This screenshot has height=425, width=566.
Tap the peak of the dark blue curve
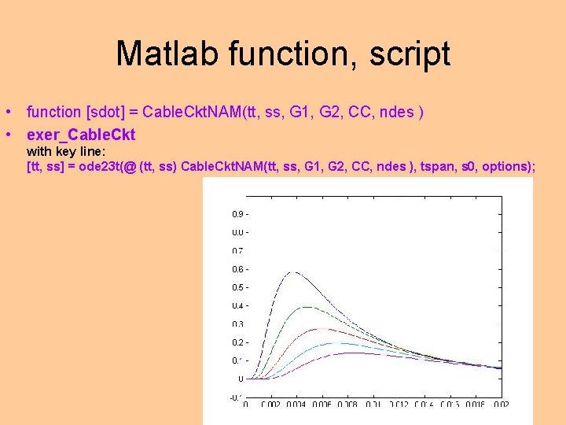293,272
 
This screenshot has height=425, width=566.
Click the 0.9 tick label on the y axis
236,214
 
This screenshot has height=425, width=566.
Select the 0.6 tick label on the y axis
236,269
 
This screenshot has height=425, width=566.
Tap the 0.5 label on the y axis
236,287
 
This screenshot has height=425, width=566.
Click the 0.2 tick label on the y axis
236,342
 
